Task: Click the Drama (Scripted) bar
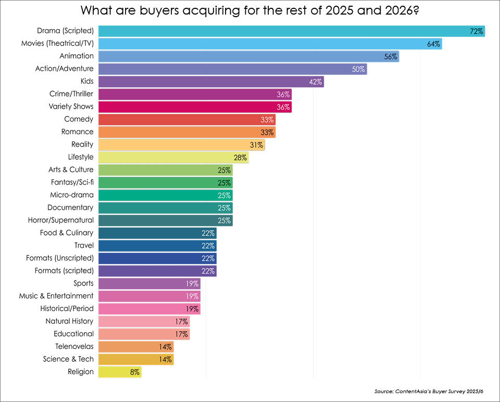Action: [292, 31]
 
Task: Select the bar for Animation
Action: [248, 56]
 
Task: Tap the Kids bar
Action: [211, 82]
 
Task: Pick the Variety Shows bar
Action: [195, 107]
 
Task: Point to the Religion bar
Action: [119, 372]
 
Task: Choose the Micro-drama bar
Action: [165, 195]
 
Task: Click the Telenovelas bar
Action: [135, 346]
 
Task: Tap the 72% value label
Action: [477, 32]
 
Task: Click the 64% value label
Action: [434, 44]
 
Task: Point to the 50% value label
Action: [358, 69]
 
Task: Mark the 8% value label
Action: [135, 372]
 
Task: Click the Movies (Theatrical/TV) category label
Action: [57, 44]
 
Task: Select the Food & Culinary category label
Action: [67, 233]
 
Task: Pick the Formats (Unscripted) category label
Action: [60, 258]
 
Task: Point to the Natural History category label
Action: [69, 321]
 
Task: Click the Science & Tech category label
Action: [68, 359]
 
